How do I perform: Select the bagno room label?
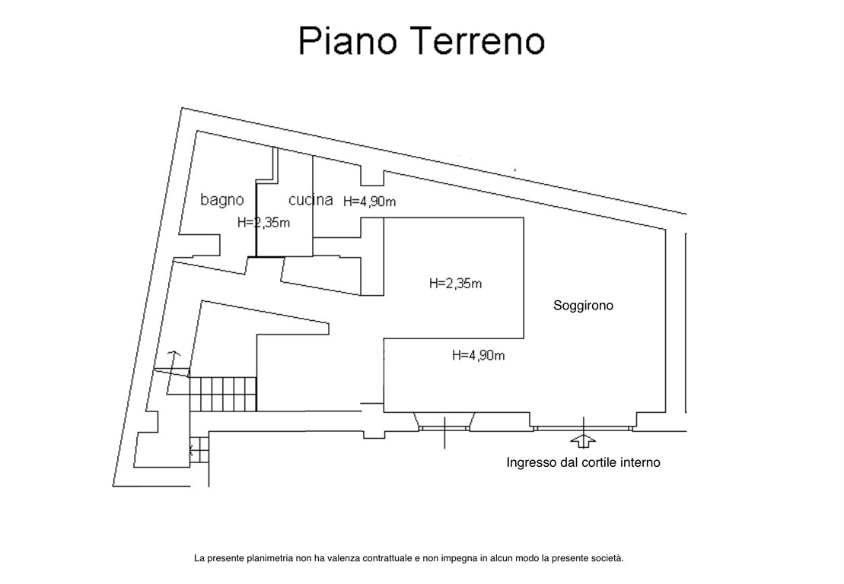tap(222, 200)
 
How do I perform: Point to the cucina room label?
tap(311, 200)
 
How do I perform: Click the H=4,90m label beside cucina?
tap(370, 202)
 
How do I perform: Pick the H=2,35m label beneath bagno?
tap(263, 223)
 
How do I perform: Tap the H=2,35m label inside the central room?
tap(455, 284)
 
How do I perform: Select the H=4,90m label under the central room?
tap(479, 354)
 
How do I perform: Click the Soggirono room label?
tap(583, 305)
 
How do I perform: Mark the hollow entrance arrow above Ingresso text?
tap(583, 441)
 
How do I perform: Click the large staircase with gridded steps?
tap(222, 393)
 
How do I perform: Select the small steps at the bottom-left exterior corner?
tap(199, 449)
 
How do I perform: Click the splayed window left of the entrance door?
tap(445, 423)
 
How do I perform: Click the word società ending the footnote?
tap(607, 558)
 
